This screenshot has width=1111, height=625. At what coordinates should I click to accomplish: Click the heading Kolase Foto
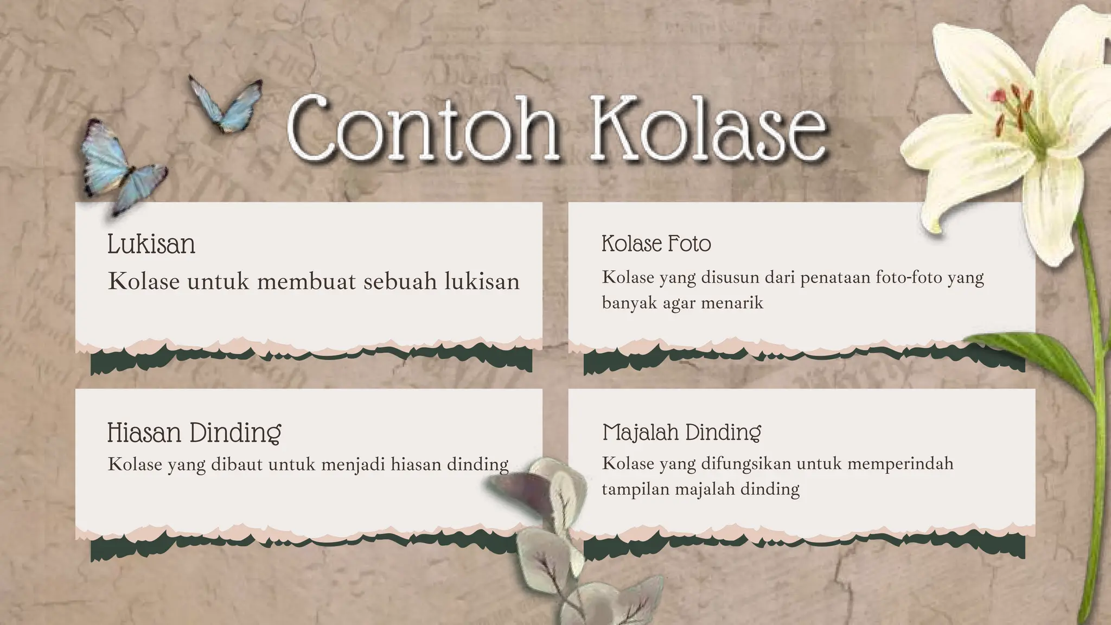pos(656,244)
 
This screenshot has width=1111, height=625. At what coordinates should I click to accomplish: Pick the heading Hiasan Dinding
pos(194,433)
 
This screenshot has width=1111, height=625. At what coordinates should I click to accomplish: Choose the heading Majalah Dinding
pos(681,432)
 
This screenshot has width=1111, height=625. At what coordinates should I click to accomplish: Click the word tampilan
pos(635,489)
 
